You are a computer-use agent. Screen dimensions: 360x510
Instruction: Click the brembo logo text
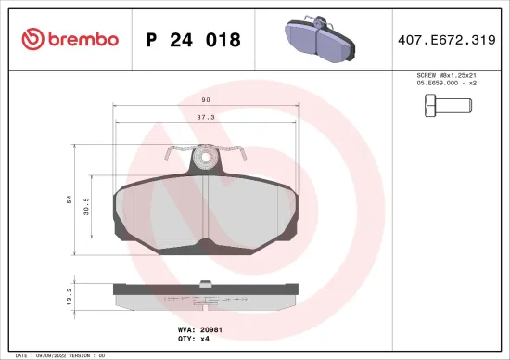click(79, 39)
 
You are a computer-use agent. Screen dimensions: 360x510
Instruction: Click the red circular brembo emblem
click(32, 39)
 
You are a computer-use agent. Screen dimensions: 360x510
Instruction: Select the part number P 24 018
click(193, 40)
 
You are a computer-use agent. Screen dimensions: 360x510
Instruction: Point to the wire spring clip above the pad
click(203, 150)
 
